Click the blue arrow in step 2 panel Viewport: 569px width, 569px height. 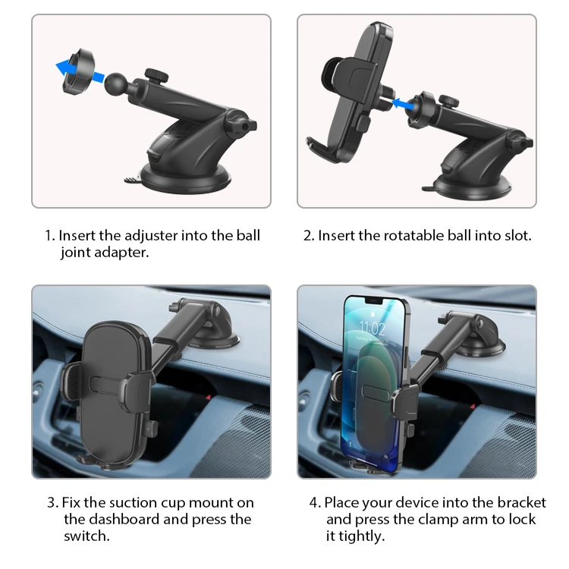click(x=403, y=104)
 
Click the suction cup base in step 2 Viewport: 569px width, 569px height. click(x=473, y=187)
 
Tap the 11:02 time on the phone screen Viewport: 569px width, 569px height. click(x=373, y=329)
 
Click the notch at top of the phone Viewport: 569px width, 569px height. click(x=373, y=301)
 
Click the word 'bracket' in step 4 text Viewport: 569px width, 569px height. click(x=521, y=502)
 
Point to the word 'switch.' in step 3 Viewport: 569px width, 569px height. click(x=86, y=536)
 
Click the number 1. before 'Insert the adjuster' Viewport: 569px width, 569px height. click(x=50, y=236)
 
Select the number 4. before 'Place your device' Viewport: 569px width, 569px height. click(x=316, y=503)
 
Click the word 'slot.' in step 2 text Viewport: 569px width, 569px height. click(x=518, y=236)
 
